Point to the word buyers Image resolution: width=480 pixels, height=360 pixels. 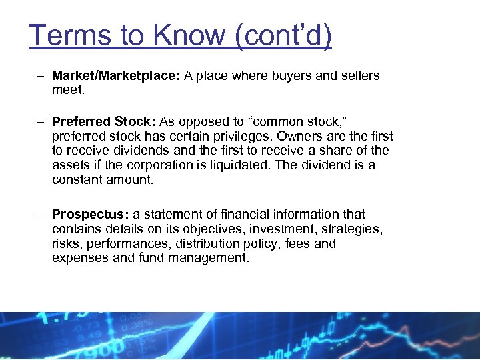pos(291,76)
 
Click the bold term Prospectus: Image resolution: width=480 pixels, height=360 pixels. pos(91,215)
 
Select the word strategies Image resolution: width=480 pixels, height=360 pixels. pos(354,229)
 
